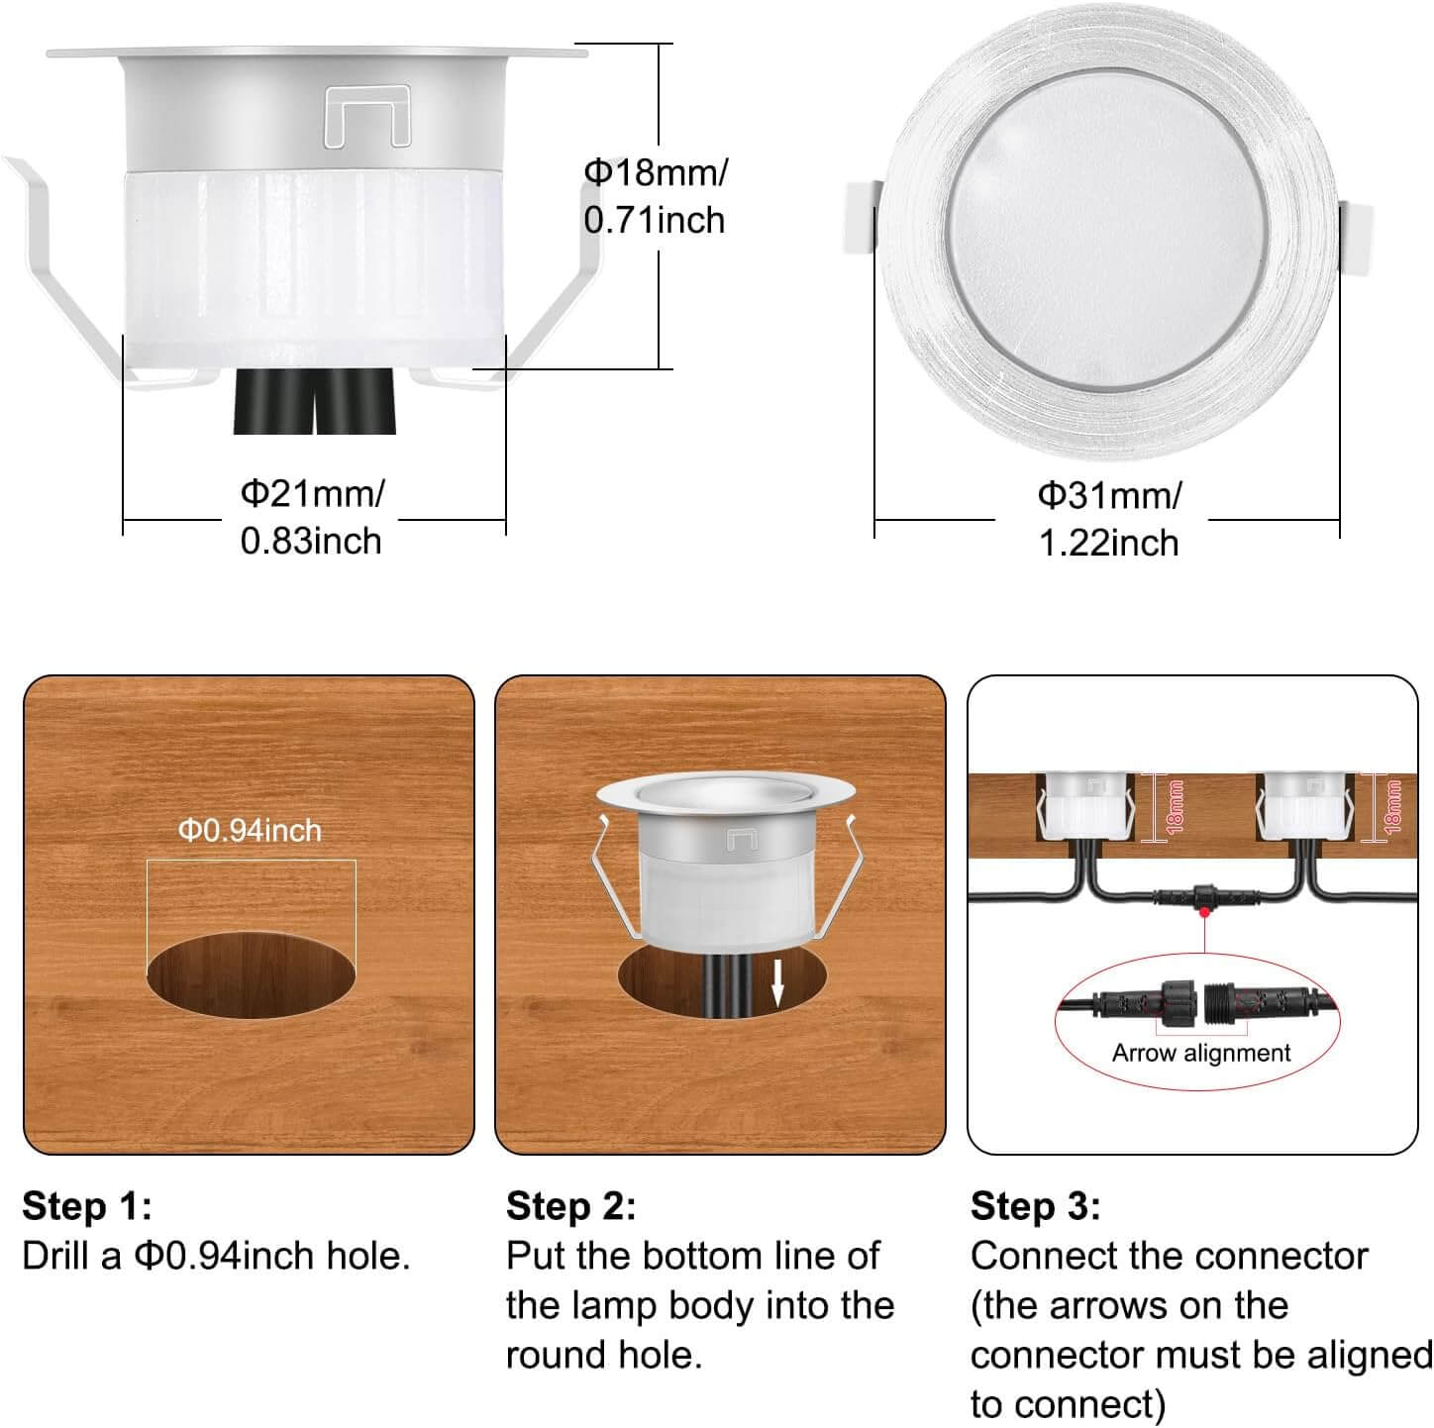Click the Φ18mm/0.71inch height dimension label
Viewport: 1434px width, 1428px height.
click(655, 196)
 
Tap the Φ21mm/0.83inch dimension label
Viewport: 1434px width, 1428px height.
click(312, 517)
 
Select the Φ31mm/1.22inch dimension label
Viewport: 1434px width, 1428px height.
click(1109, 520)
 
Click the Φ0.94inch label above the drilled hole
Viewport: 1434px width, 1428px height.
click(250, 831)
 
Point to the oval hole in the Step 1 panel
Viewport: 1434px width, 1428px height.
click(251, 974)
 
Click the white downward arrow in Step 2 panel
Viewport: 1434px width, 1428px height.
click(777, 983)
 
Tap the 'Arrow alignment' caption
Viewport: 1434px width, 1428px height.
click(1201, 1053)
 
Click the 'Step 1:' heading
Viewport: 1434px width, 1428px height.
click(87, 1205)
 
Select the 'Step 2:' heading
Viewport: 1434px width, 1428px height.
click(570, 1205)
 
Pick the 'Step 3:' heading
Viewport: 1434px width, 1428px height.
click(1035, 1205)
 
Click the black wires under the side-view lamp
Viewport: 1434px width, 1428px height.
click(315, 402)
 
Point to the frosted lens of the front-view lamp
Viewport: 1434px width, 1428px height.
click(1107, 229)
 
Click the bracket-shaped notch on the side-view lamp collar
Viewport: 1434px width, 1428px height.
click(367, 115)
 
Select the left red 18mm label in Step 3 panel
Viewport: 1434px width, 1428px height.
click(1176, 807)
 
